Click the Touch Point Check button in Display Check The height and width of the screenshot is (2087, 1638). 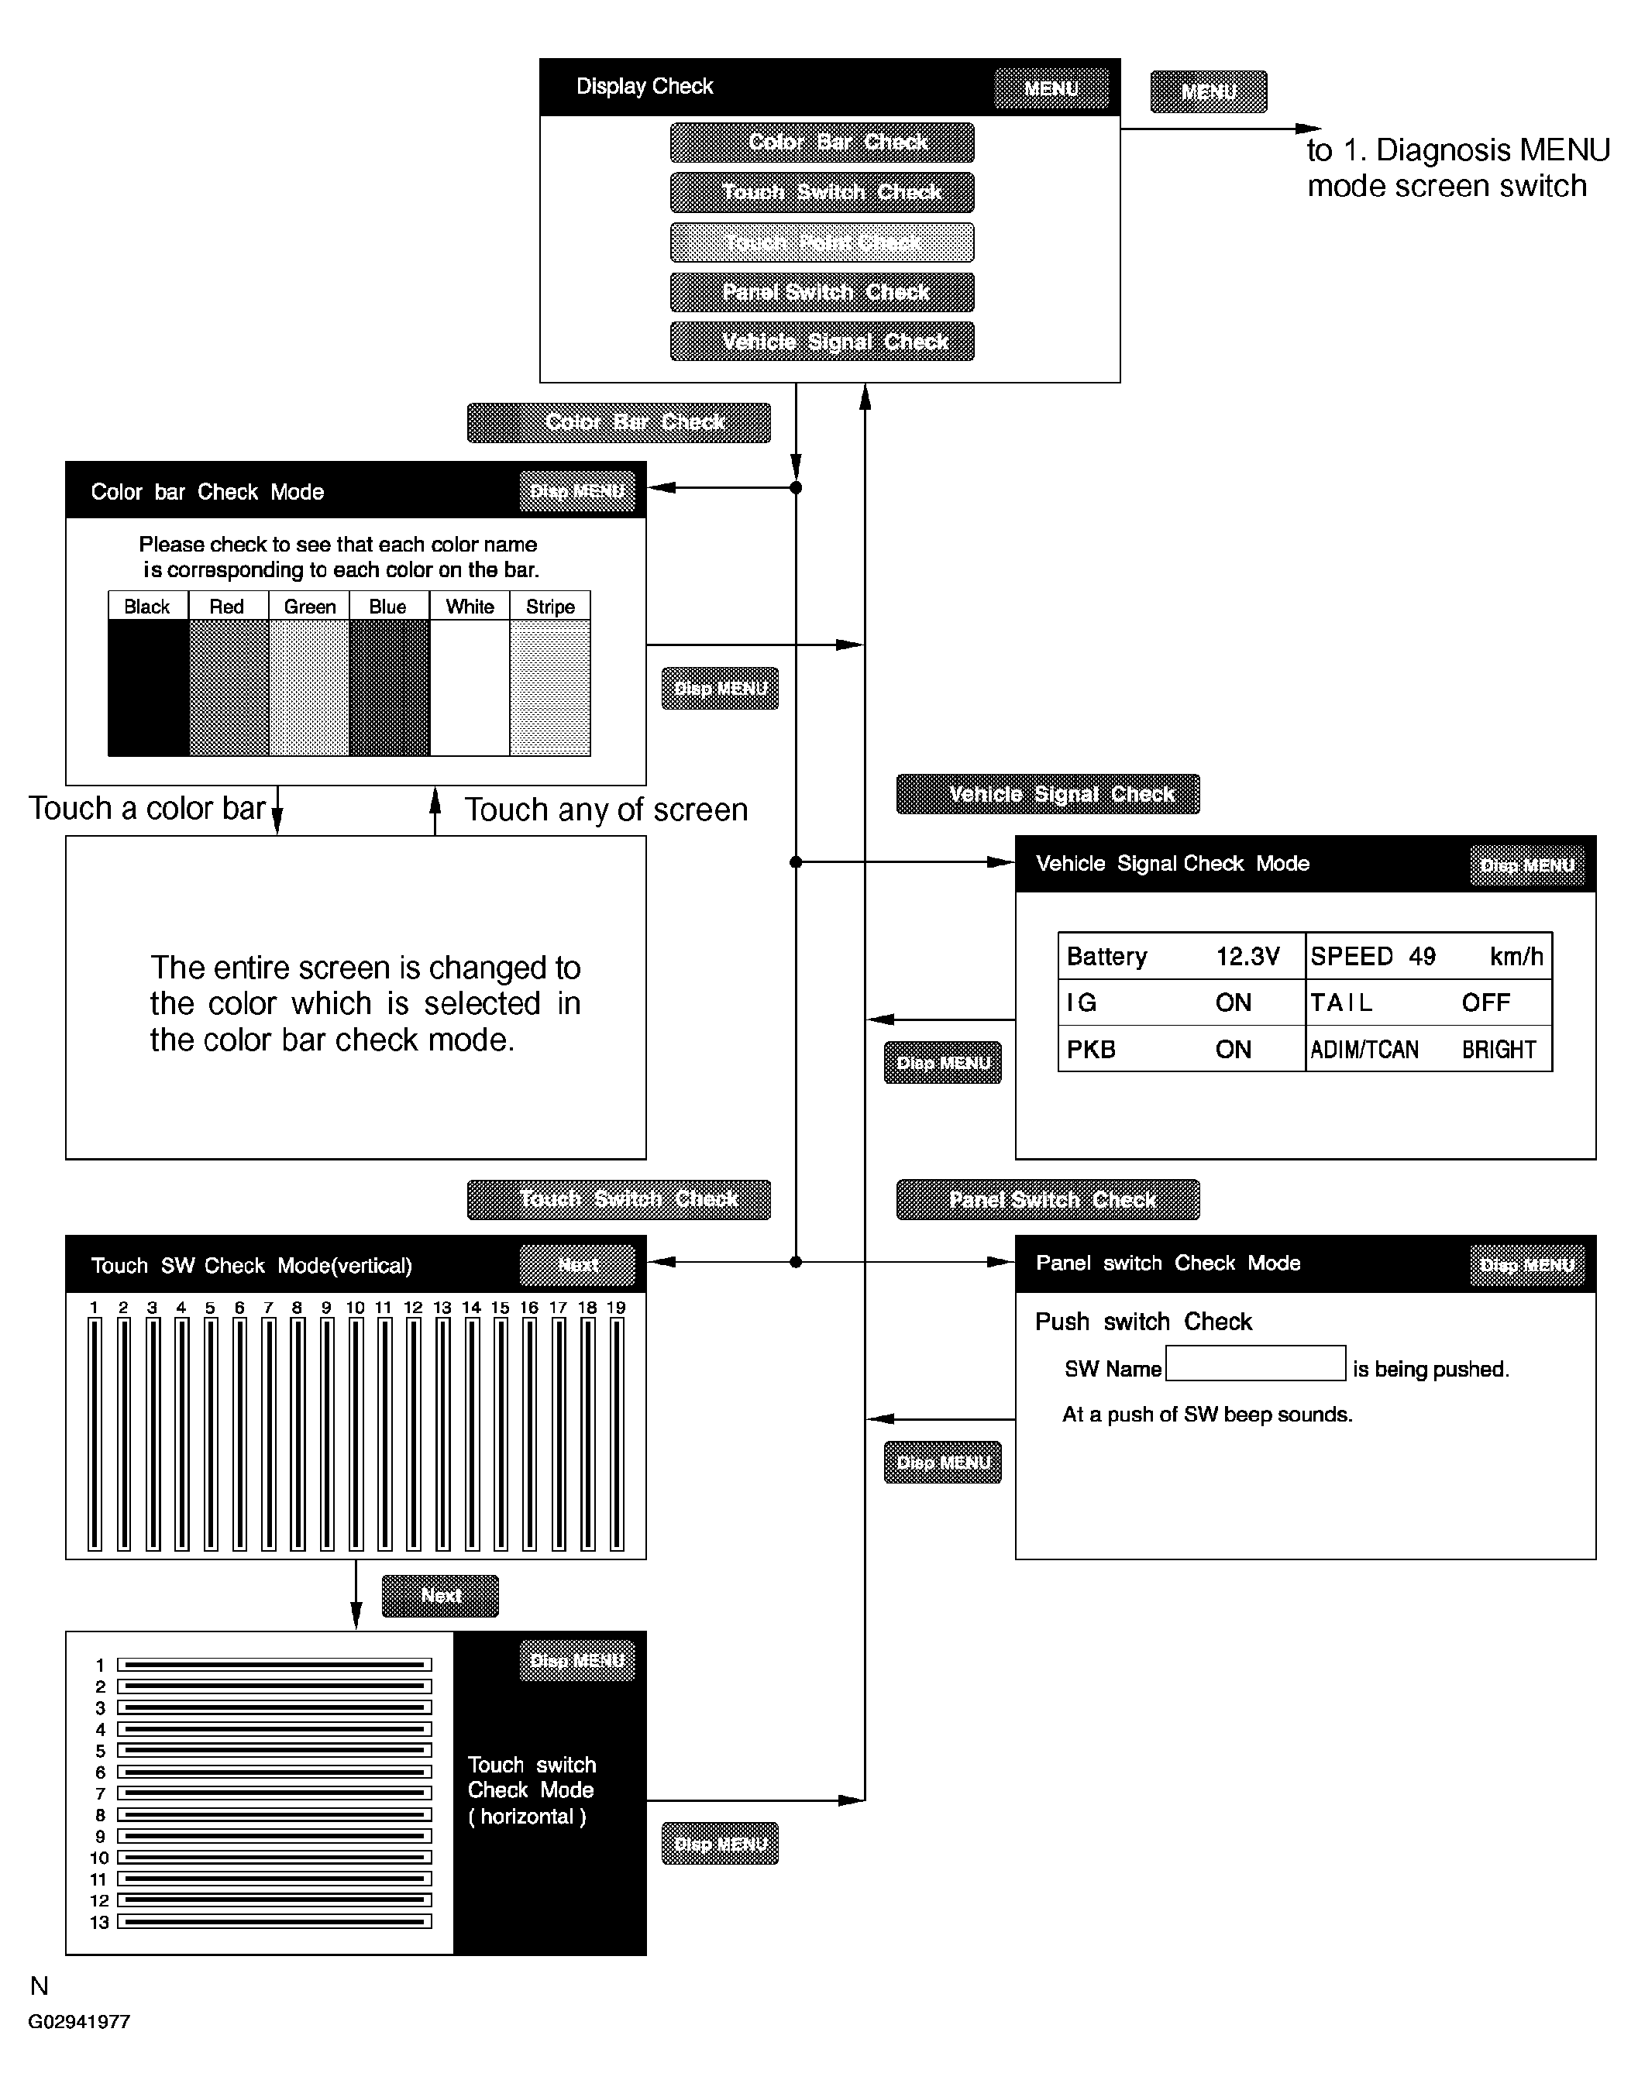tap(822, 242)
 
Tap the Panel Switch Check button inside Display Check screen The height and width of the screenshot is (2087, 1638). tap(822, 292)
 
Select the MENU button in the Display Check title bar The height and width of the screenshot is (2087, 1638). tap(1051, 89)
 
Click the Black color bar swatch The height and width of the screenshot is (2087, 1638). tap(148, 687)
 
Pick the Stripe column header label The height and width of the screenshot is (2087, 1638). tap(549, 607)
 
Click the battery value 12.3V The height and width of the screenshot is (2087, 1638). tap(1247, 957)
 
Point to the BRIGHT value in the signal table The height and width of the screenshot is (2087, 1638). tap(1498, 1050)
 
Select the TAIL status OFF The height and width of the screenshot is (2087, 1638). tap(1485, 1002)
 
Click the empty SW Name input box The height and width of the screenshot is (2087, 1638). tap(1255, 1364)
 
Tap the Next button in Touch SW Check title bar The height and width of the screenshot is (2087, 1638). tap(577, 1265)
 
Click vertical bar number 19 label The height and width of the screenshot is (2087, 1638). tap(616, 1308)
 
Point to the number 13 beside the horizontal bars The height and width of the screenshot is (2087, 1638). tap(100, 1922)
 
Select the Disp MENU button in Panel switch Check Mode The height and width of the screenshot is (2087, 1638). tap(1526, 1265)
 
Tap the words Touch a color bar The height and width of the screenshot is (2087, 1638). tap(146, 809)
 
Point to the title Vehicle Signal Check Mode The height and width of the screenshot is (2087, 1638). tap(1172, 864)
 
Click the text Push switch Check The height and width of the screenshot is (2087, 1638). tap(1143, 1322)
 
